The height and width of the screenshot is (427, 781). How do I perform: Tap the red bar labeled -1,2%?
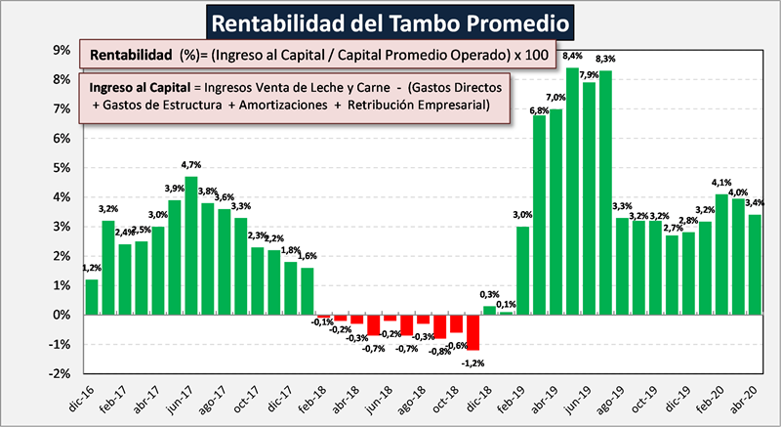473,332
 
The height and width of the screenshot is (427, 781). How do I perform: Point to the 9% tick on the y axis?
60,51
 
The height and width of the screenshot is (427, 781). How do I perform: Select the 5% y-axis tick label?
60,168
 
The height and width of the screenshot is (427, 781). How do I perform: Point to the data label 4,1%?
721,182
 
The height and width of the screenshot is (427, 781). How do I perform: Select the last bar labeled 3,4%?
755,264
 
